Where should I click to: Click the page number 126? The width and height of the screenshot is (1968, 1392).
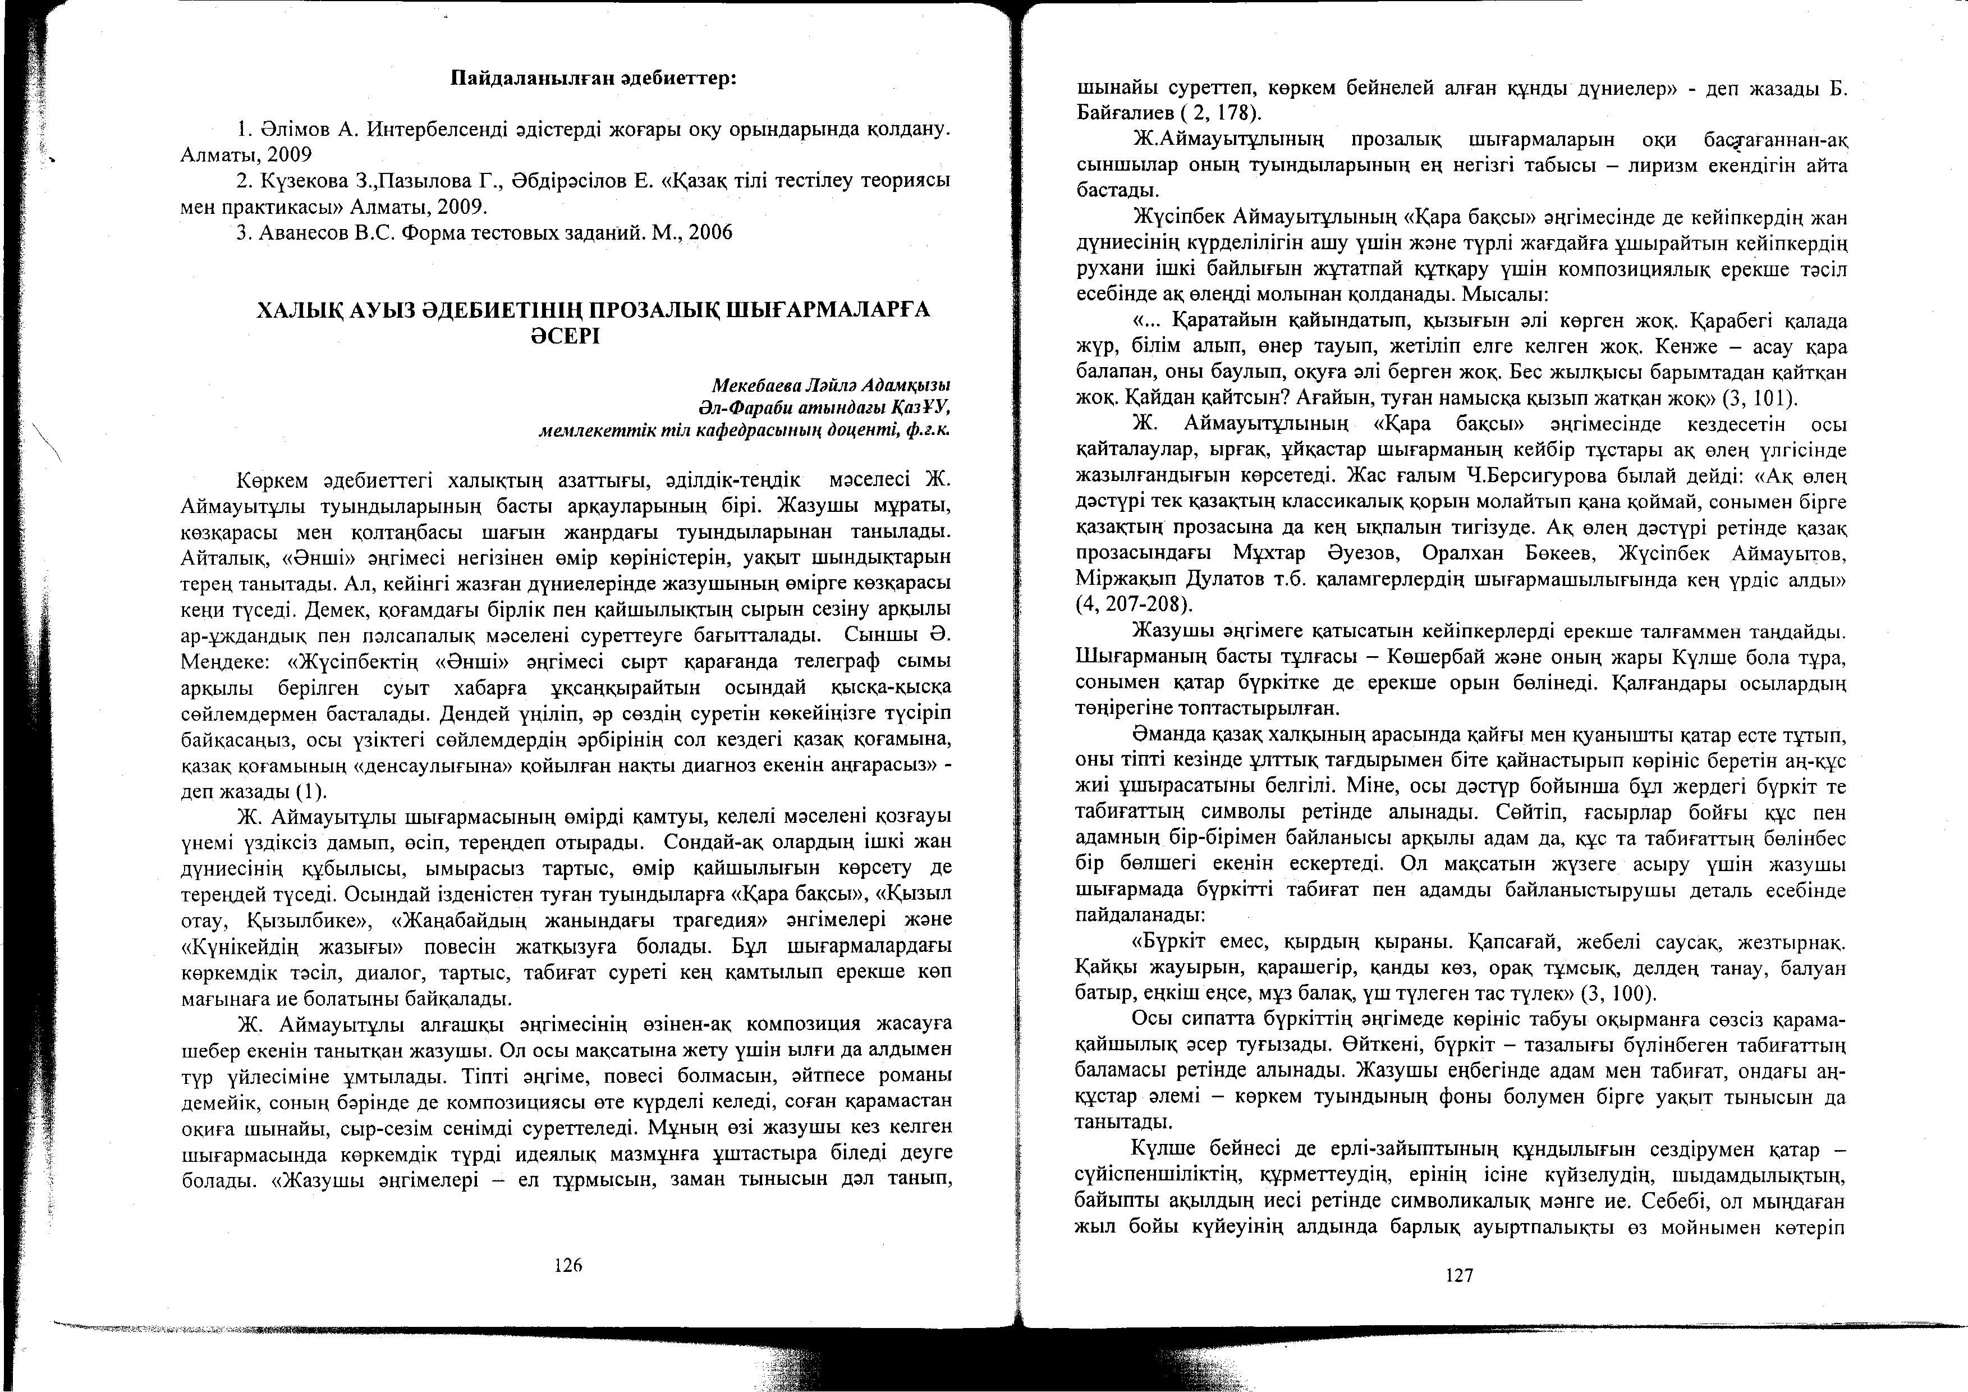568,1264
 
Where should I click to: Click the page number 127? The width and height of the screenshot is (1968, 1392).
1459,1275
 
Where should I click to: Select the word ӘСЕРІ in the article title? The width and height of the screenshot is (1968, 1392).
565,336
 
